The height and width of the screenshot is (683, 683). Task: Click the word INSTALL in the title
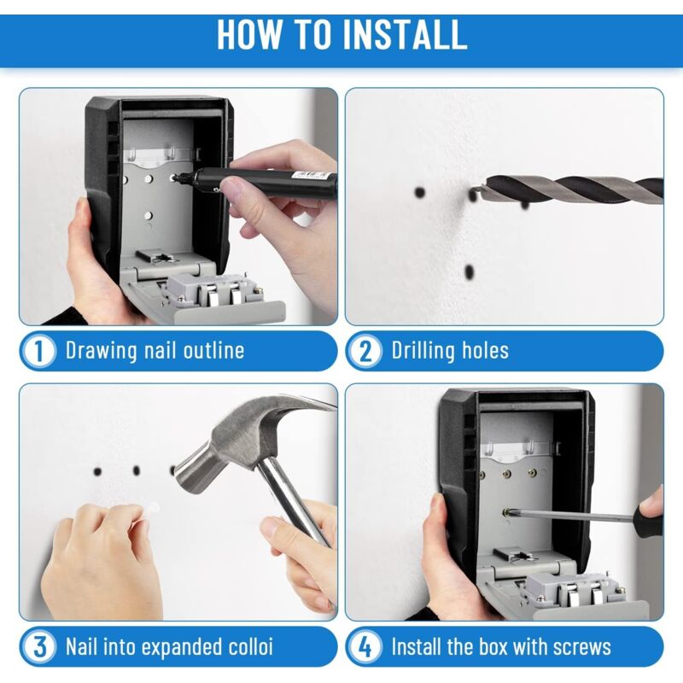[x=405, y=34]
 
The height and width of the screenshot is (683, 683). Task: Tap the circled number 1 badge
[x=39, y=351]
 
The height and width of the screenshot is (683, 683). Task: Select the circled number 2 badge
[x=365, y=351]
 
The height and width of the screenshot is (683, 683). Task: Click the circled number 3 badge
[x=39, y=647]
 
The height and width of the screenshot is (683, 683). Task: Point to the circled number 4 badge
[x=365, y=647]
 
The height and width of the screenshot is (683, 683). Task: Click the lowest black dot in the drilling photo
[x=469, y=272]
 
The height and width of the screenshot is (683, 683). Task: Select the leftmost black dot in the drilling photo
[x=419, y=192]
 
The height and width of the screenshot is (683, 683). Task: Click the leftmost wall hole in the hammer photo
[x=97, y=471]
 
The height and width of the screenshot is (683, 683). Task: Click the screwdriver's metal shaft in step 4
[x=574, y=517]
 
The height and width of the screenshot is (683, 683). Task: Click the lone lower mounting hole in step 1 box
[x=148, y=215]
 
